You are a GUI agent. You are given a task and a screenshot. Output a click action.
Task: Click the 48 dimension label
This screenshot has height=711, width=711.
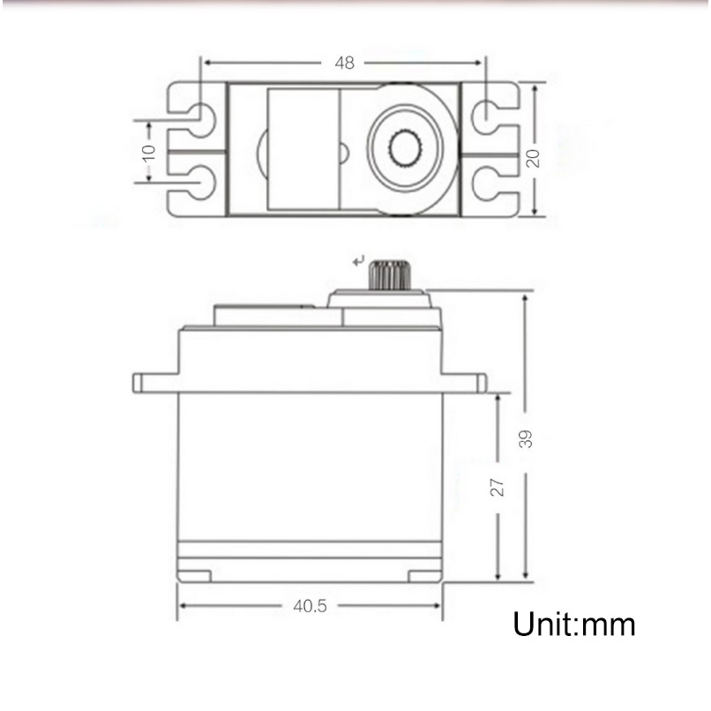(344, 63)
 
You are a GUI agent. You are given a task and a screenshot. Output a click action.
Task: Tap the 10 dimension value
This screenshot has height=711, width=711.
(148, 151)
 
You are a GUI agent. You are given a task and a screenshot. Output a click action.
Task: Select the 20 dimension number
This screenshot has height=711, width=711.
(532, 157)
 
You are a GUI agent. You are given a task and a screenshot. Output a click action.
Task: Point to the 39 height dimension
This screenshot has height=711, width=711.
(526, 438)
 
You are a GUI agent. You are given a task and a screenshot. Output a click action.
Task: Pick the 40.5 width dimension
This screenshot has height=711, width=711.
(310, 606)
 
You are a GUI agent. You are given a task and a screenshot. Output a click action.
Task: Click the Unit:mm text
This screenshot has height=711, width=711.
(573, 625)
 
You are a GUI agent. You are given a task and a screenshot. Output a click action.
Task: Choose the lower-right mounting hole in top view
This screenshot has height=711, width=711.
(485, 183)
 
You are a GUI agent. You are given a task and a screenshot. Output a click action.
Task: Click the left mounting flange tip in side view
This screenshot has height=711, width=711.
(138, 383)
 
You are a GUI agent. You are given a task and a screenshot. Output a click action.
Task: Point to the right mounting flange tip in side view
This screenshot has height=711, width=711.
(481, 383)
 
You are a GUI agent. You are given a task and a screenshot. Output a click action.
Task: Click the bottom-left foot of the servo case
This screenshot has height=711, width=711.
(195, 576)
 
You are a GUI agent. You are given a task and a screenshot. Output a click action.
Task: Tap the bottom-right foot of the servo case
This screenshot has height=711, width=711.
(424, 576)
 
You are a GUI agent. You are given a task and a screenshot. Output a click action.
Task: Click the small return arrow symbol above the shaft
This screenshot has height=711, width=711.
(357, 260)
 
